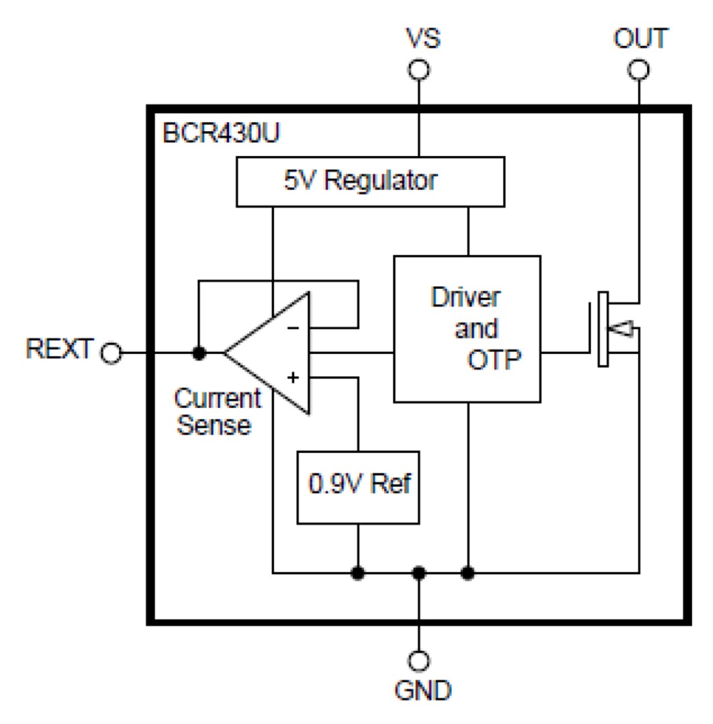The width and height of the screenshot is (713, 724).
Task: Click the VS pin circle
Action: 418,69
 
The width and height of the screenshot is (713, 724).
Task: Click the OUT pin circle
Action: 638,69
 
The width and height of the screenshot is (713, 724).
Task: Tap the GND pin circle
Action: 418,660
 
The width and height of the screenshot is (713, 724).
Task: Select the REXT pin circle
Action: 111,353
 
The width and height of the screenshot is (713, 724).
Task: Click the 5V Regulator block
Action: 370,181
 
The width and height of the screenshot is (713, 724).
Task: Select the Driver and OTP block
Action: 467,328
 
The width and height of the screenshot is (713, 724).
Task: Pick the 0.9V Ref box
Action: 358,487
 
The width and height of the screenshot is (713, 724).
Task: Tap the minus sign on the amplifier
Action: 294,327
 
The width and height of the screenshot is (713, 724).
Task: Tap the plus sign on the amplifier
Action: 293,378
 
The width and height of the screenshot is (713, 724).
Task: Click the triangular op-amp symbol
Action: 276,353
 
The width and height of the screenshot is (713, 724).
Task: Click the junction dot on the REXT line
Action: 199,353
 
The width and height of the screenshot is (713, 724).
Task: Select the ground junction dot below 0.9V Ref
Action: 357,573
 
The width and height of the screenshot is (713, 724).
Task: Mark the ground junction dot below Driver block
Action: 468,573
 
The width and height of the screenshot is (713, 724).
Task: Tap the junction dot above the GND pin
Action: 418,573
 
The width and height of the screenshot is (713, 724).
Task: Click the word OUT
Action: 639,39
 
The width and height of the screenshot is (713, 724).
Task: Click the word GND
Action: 423,690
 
